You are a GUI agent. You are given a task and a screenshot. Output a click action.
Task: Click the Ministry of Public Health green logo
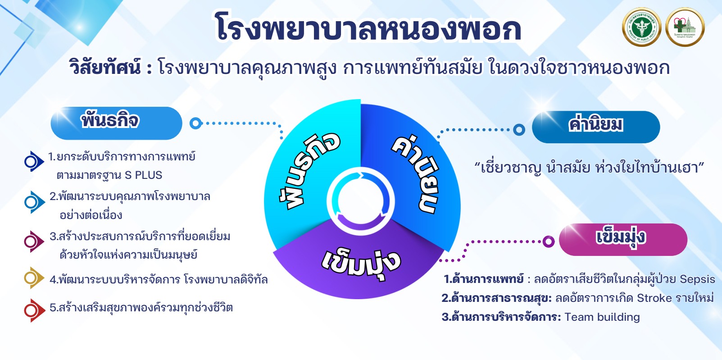pyautogui.click(x=641, y=27)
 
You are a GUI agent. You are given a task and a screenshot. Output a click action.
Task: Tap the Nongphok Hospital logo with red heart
pyautogui.click(x=685, y=27)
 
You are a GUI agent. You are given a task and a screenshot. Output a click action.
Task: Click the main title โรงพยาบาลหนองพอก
pyautogui.click(x=368, y=27)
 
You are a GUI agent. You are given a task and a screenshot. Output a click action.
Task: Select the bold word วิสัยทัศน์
pyautogui.click(x=105, y=67)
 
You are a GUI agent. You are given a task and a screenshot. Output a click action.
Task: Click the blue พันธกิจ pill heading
pyautogui.click(x=116, y=123)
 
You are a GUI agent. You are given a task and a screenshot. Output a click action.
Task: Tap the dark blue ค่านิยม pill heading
pyautogui.click(x=596, y=127)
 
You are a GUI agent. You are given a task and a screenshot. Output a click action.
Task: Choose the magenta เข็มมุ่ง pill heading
pyautogui.click(x=623, y=240)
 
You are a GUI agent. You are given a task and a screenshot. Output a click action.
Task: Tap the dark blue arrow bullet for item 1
pyautogui.click(x=34, y=161)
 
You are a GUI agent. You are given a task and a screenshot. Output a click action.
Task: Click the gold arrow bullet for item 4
pyautogui.click(x=34, y=278)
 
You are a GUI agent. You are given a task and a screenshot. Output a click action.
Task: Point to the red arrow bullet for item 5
pyautogui.click(x=35, y=310)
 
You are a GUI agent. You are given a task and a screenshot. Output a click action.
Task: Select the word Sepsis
pyautogui.click(x=698, y=279)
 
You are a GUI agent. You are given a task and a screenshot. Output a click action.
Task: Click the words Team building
pyautogui.click(x=602, y=317)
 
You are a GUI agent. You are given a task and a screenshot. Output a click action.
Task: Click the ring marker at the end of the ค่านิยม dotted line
pyautogui.click(x=519, y=130)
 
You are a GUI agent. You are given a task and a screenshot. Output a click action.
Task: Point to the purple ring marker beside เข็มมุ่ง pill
pyautogui.click(x=548, y=242)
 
